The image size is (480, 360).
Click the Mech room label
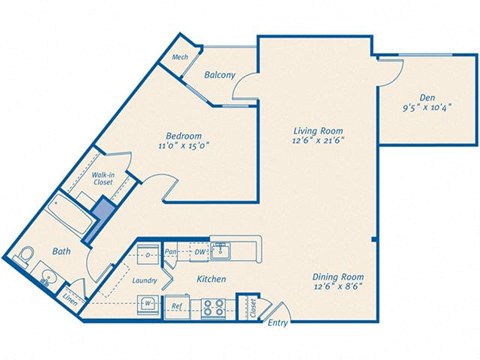click(180, 57)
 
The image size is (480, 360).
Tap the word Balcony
click(220, 75)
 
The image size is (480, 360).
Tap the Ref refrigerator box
click(176, 305)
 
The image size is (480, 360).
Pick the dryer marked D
click(147, 255)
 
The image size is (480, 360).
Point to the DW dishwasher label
click(201, 251)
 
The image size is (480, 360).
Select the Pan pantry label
click(171, 251)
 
